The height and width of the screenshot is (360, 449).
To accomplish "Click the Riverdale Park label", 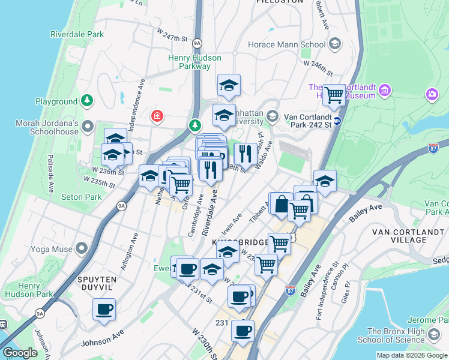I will tap(77, 34).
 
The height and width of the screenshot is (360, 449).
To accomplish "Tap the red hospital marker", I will tap(157, 115).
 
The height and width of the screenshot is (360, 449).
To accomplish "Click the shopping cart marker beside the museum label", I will tap(334, 94).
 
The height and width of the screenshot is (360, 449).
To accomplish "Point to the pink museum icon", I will tap(385, 91).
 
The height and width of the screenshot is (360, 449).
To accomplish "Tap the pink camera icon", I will tap(432, 94).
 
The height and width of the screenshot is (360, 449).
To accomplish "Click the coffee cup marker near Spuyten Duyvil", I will tap(104, 310).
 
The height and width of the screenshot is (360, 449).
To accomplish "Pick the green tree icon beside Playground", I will tap(88, 100).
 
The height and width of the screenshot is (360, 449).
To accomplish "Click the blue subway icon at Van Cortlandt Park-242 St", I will tap(337, 120).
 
